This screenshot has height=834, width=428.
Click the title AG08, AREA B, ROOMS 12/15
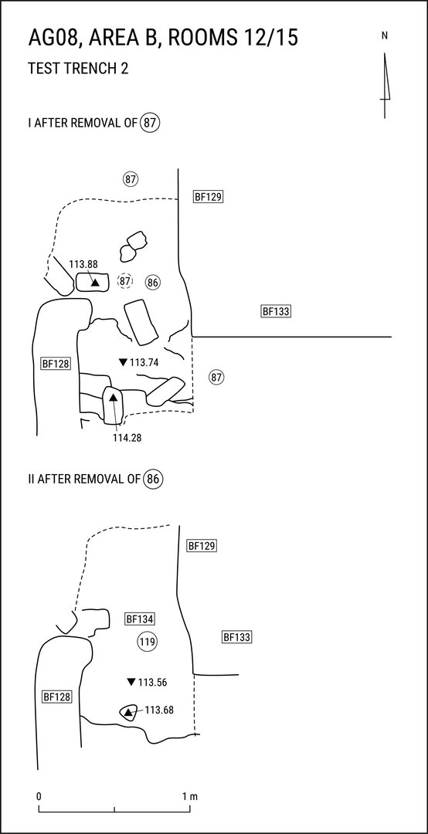click(x=162, y=39)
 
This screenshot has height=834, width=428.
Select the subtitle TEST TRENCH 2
click(x=78, y=69)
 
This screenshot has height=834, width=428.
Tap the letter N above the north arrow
click(x=384, y=36)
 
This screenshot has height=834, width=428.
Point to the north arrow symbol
click(x=385, y=85)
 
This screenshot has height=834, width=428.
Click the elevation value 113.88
click(x=83, y=263)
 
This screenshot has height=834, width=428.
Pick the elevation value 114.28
click(x=127, y=438)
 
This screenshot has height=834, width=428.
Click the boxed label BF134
click(x=140, y=619)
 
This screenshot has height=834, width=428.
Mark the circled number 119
click(x=147, y=642)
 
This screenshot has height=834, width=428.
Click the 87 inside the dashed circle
click(x=125, y=280)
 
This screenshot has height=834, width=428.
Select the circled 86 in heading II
click(x=153, y=479)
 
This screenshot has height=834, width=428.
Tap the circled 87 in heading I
click(x=151, y=124)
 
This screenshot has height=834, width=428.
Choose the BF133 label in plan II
click(x=237, y=636)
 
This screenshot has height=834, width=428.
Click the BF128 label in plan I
click(x=56, y=364)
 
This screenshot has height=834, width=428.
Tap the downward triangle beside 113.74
click(x=123, y=363)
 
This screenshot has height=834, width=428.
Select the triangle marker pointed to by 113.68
click(x=127, y=713)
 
